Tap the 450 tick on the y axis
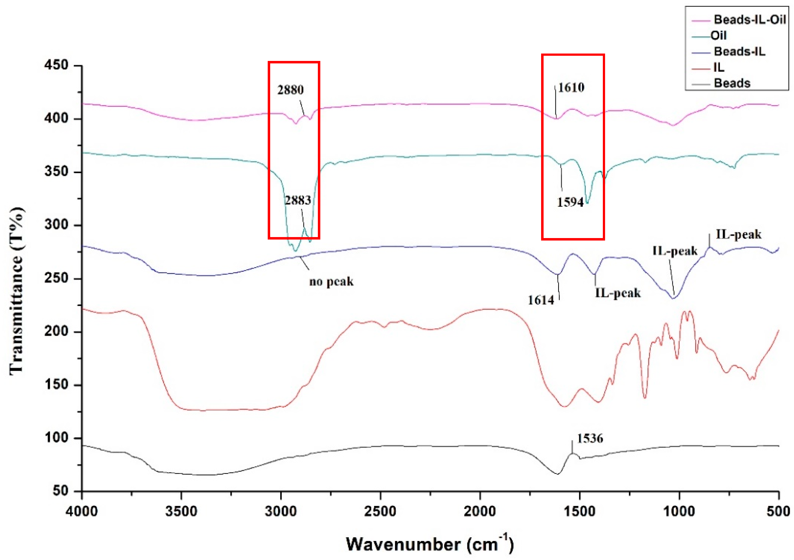click(56, 65)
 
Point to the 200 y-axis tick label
click(56, 332)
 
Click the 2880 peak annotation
click(290, 90)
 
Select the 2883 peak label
click(298, 200)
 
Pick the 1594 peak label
click(570, 202)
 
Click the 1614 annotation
click(541, 300)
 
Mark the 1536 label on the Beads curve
click(590, 439)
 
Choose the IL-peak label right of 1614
click(618, 293)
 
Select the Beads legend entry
click(732, 83)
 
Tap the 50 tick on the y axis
click(61, 491)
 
